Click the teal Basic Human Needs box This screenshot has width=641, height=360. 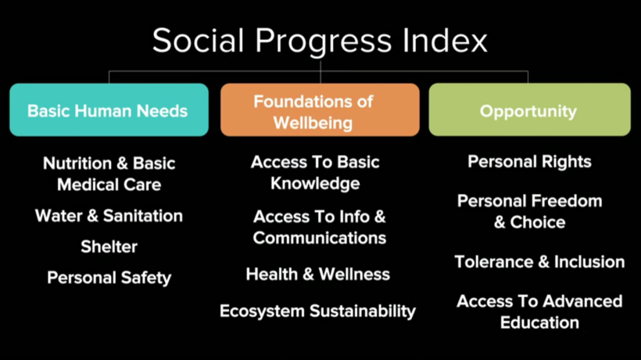pyautogui.click(x=109, y=110)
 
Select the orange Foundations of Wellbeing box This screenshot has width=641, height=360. pyautogui.click(x=320, y=110)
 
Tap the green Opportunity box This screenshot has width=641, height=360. pyautogui.click(x=530, y=110)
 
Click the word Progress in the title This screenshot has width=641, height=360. pyautogui.click(x=324, y=42)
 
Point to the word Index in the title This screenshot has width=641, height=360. pyautogui.click(x=445, y=40)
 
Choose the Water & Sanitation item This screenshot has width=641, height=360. pyautogui.click(x=109, y=216)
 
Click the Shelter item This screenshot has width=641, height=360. pyautogui.click(x=109, y=247)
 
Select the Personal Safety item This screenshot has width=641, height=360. pyautogui.click(x=109, y=278)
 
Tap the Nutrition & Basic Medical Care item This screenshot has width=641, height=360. pyautogui.click(x=109, y=174)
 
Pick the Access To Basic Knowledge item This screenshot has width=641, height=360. pyautogui.click(x=315, y=173)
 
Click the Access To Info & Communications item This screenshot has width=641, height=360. pyautogui.click(x=319, y=227)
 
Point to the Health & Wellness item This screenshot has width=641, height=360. pyautogui.click(x=318, y=274)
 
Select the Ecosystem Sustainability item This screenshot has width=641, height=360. pyautogui.click(x=317, y=311)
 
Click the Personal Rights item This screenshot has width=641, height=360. pyautogui.click(x=530, y=162)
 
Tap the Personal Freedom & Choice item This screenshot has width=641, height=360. pyautogui.click(x=530, y=212)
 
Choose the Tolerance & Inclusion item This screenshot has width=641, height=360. pyautogui.click(x=539, y=262)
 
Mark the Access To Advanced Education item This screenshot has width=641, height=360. pyautogui.click(x=539, y=312)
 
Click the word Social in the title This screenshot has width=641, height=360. pyautogui.click(x=198, y=40)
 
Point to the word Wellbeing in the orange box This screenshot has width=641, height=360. pyautogui.click(x=313, y=123)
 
